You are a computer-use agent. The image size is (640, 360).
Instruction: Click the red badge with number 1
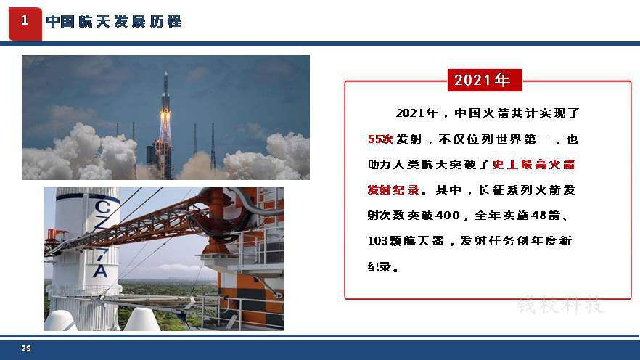pyautogui.click(x=25, y=24)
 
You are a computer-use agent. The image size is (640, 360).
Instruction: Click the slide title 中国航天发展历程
pyautogui.click(x=113, y=21)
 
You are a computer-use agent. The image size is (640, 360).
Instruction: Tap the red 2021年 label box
pyautogui.click(x=485, y=80)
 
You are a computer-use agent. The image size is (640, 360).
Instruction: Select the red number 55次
pyautogui.click(x=380, y=139)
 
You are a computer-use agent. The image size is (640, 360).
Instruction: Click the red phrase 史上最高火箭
pyautogui.click(x=533, y=165)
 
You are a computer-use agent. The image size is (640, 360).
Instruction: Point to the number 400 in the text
pyautogui.click(x=448, y=215)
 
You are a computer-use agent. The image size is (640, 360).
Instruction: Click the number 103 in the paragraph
pyautogui.click(x=377, y=241)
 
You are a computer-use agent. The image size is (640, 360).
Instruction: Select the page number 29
pyautogui.click(x=26, y=348)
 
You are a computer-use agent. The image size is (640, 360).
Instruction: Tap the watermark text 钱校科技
pyautogui.click(x=560, y=306)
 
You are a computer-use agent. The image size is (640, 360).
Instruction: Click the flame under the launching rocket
pyautogui.click(x=165, y=125)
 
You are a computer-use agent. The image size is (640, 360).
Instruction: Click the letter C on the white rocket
pyautogui.click(x=102, y=206)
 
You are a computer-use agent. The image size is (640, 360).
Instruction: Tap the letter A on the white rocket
pyautogui.click(x=100, y=271)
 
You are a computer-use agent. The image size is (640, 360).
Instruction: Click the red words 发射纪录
pyautogui.click(x=393, y=189)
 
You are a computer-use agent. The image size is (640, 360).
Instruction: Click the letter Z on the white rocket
pyautogui.click(x=102, y=222)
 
